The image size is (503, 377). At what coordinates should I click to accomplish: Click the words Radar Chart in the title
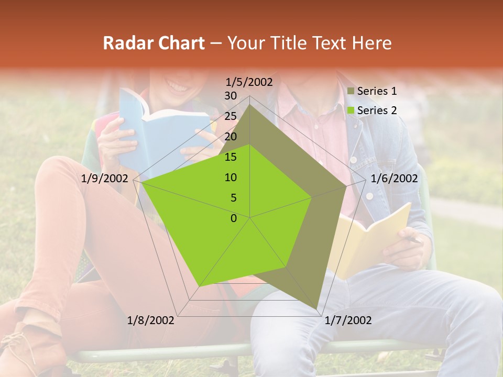coord(154,43)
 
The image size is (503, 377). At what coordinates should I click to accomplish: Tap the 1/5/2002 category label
coord(249,82)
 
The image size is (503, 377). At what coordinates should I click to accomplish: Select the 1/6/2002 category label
coord(394,179)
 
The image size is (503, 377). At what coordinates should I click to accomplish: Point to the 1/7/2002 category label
coord(348,320)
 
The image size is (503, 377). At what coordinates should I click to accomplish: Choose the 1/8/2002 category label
coord(151,320)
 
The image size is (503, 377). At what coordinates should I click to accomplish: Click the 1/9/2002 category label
coord(105,179)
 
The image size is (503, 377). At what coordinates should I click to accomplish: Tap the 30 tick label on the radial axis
coord(230,96)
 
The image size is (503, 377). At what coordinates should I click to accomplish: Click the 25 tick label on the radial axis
coord(230,116)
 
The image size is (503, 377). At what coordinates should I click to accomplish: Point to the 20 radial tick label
coord(230,137)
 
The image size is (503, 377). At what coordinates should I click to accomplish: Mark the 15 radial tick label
coord(230,157)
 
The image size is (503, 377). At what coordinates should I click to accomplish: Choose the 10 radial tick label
coord(230,178)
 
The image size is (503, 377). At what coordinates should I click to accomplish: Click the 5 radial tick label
coord(233,198)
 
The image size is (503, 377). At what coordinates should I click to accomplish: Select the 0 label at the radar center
coord(234,218)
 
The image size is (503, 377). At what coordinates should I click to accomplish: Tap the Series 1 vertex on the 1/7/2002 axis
coord(317,308)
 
